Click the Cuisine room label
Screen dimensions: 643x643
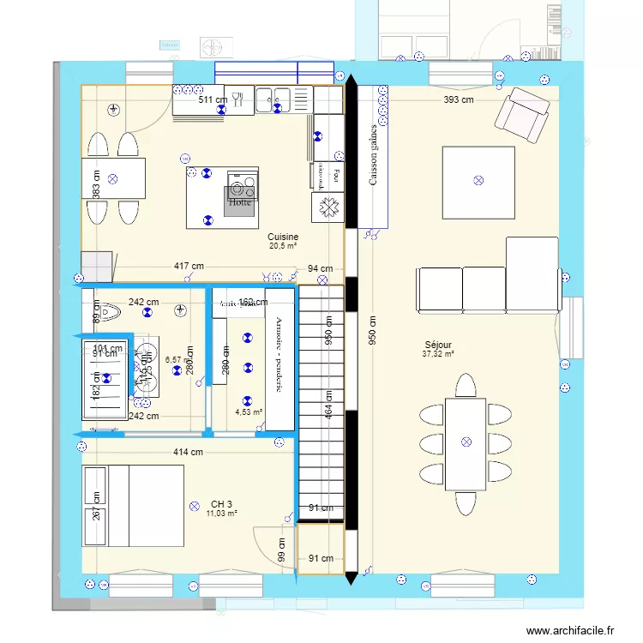pyautogui.click(x=282, y=237)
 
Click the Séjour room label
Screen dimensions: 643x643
pyautogui.click(x=437, y=344)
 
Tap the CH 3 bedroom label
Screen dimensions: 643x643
pyautogui.click(x=221, y=504)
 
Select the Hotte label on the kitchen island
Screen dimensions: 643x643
pyautogui.click(x=240, y=203)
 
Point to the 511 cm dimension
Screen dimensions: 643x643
pyautogui.click(x=213, y=100)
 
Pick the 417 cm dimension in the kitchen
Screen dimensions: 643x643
pyautogui.click(x=189, y=267)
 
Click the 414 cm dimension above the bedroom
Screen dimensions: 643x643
pyautogui.click(x=187, y=452)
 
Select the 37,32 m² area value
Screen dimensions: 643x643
pyautogui.click(x=437, y=353)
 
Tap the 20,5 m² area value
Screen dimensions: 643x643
pyautogui.click(x=282, y=246)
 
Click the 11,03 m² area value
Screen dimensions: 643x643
pyautogui.click(x=221, y=514)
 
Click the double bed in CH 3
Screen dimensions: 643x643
pyautogui.click(x=133, y=506)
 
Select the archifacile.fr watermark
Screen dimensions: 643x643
pyautogui.click(x=570, y=630)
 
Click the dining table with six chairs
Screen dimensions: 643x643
pyautogui.click(x=466, y=442)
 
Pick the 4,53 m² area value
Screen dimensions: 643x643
pyautogui.click(x=249, y=412)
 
